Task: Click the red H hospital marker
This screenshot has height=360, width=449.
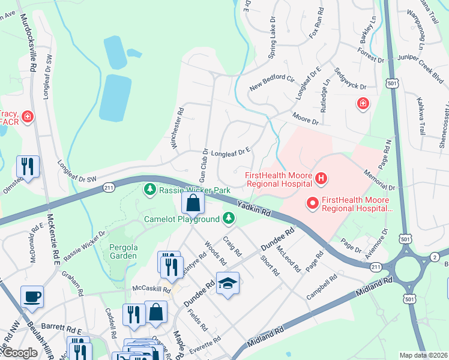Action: [x=321, y=178]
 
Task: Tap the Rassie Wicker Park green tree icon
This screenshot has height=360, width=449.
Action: [x=149, y=190]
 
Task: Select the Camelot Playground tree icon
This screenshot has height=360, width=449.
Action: [x=228, y=219]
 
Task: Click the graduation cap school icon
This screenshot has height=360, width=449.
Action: [x=228, y=283]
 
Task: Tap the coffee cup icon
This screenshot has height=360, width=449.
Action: [x=32, y=296]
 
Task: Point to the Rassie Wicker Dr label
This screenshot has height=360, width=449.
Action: [x=85, y=245]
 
